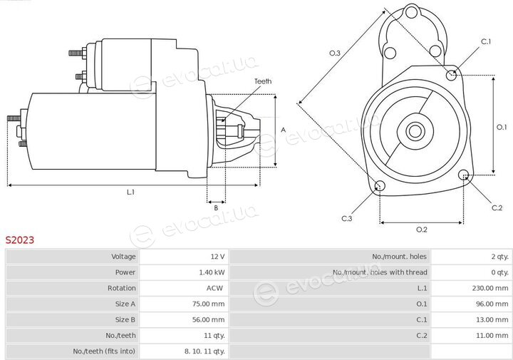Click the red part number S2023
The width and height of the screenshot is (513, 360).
click(20, 240)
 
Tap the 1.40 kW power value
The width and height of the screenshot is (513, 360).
click(212, 272)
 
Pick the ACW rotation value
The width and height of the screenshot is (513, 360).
click(214, 288)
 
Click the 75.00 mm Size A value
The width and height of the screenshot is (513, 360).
click(208, 304)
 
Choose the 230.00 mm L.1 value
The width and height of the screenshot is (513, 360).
click(490, 288)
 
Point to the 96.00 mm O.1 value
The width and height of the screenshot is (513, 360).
click(492, 304)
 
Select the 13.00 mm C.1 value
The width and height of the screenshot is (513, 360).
click(492, 319)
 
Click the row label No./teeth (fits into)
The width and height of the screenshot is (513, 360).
click(104, 351)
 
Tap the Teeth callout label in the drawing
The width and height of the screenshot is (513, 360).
click(263, 81)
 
